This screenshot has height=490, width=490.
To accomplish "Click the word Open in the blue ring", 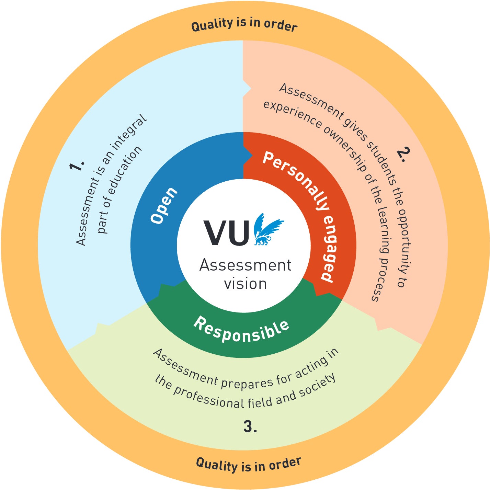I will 164,206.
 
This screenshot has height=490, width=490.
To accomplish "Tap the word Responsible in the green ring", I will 241,330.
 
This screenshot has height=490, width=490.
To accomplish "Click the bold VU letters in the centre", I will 227,233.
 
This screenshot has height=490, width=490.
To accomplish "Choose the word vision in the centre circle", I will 245,284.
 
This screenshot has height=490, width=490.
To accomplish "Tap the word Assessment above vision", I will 245,265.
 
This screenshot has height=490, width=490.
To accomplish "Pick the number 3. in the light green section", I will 250,427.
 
